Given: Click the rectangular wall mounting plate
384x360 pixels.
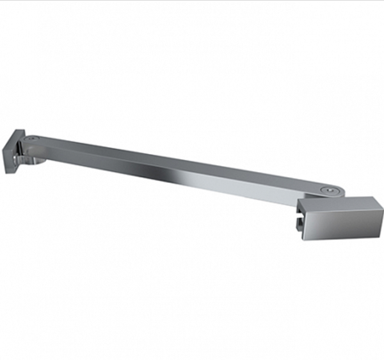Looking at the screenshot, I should tap(13, 151).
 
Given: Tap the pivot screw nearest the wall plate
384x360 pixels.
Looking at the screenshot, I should tap(32, 138).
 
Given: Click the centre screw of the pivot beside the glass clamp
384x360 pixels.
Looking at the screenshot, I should tap(329, 190).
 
